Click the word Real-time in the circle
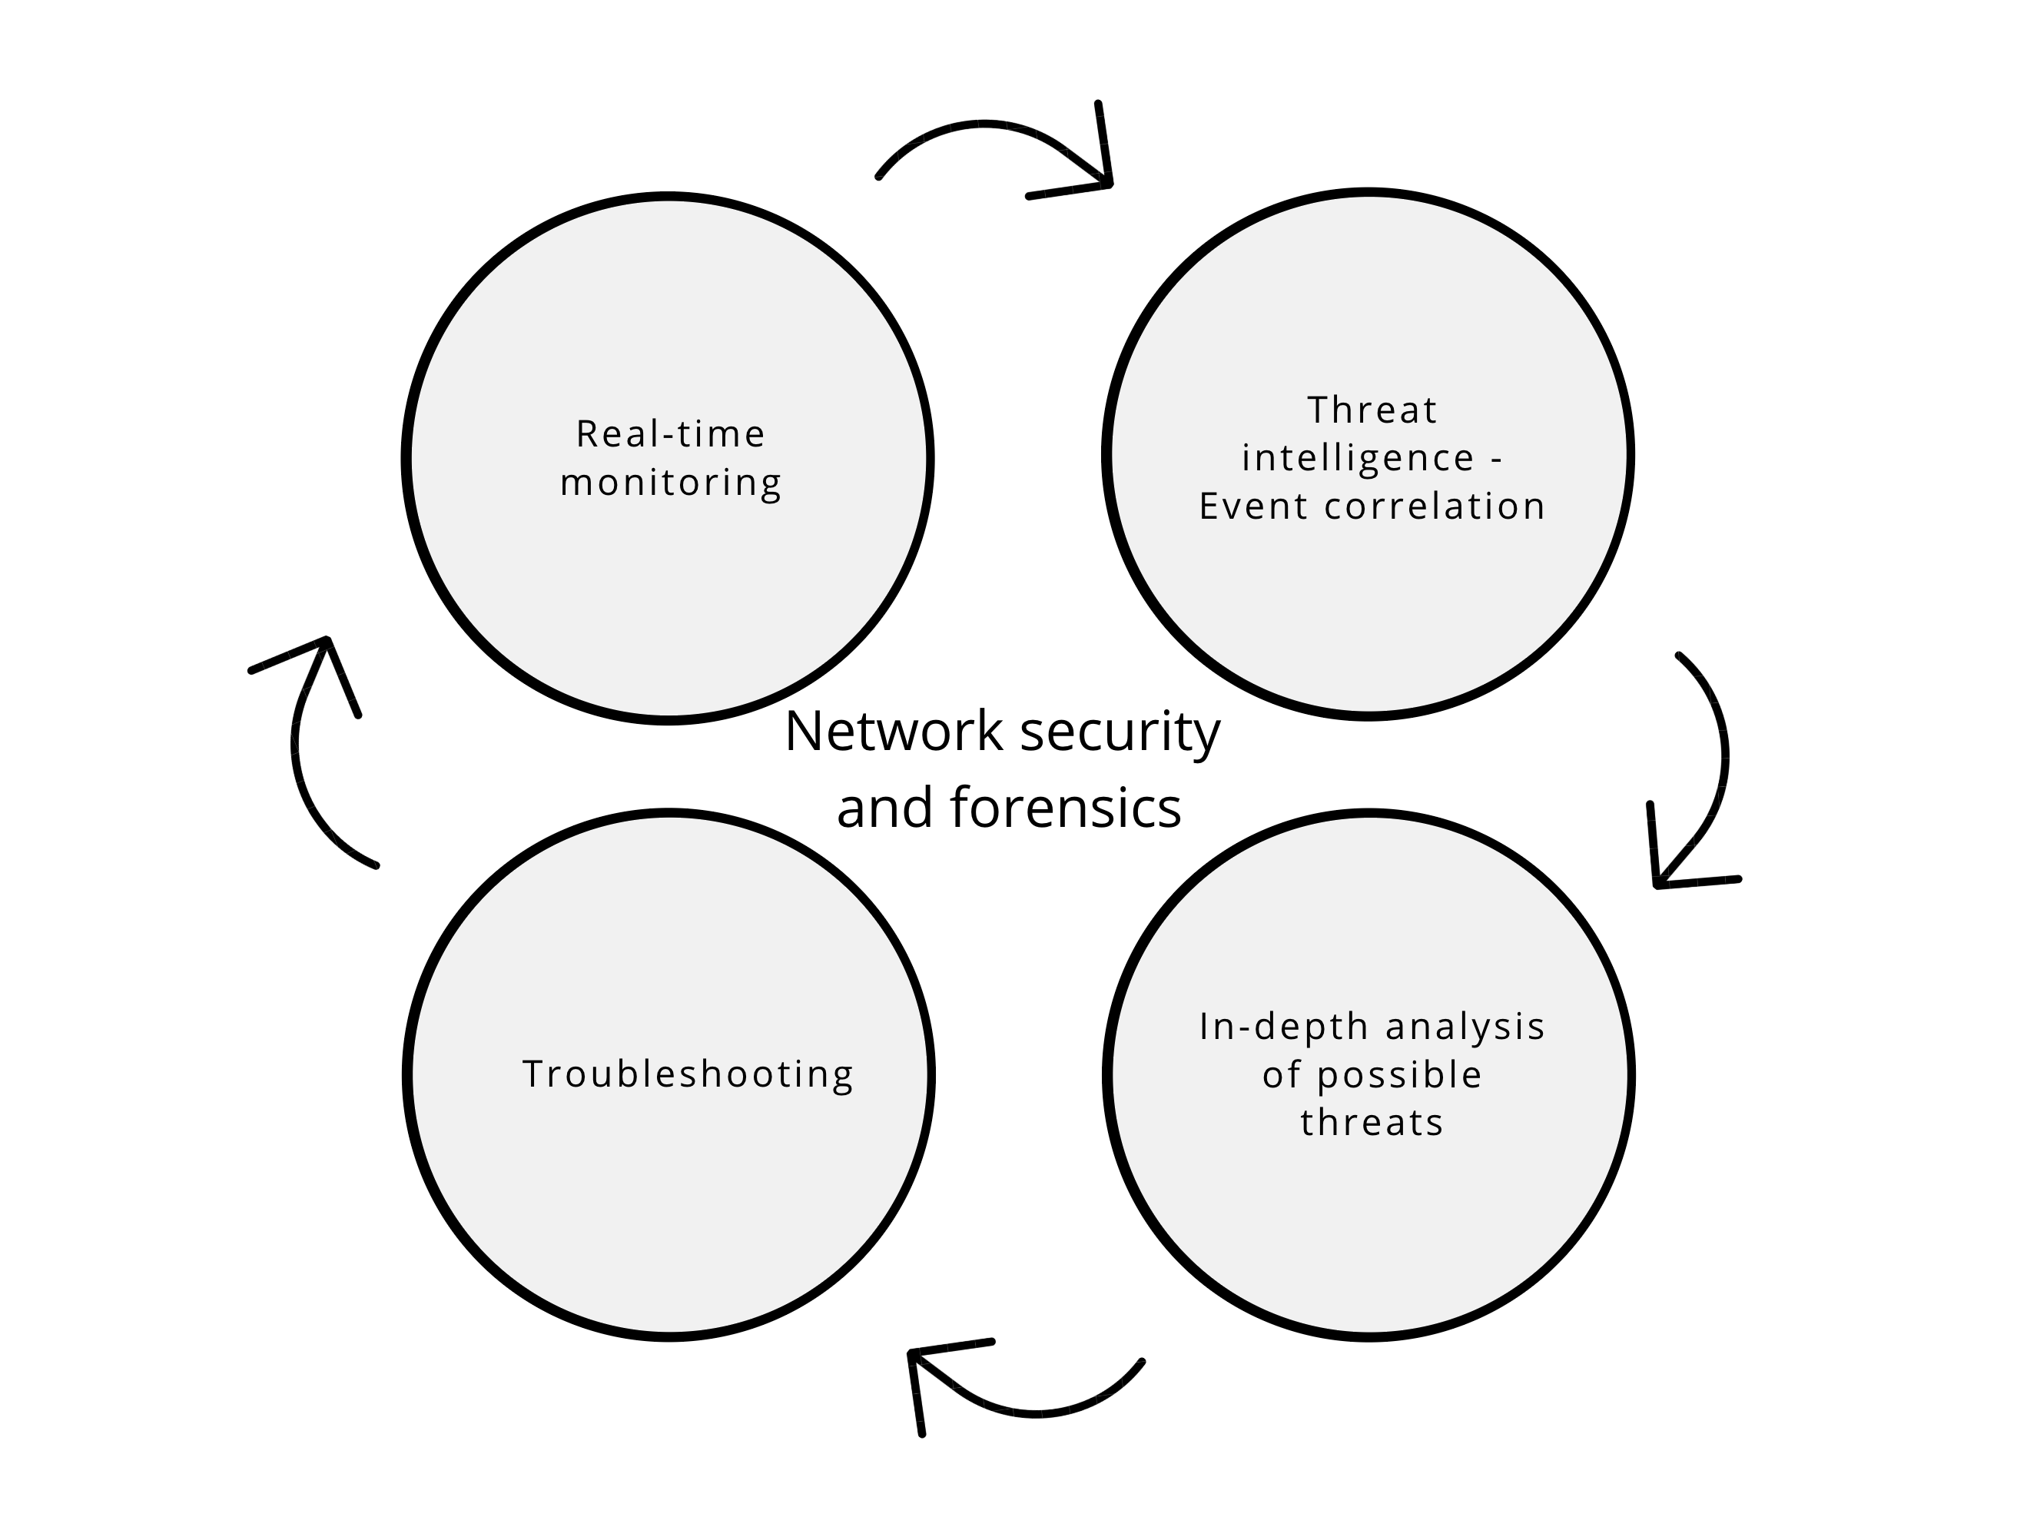click(x=670, y=434)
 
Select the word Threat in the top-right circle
click(x=1372, y=410)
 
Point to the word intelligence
click(x=1358, y=458)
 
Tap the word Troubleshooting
click(x=687, y=1074)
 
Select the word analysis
click(x=1465, y=1027)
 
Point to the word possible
click(x=1399, y=1075)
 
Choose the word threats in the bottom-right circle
click(x=1372, y=1123)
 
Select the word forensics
click(x=1066, y=808)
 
